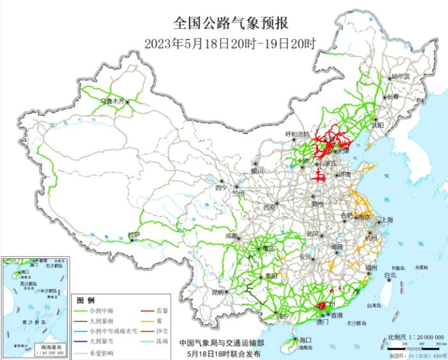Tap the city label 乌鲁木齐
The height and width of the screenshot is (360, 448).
pos(113,101)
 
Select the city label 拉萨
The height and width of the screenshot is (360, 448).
pos(132,235)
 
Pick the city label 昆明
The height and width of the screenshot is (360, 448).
pos(218,292)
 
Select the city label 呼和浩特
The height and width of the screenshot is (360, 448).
pos(297,134)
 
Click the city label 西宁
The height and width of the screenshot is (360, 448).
pos(221,188)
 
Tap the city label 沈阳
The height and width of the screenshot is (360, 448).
pos(377,125)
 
